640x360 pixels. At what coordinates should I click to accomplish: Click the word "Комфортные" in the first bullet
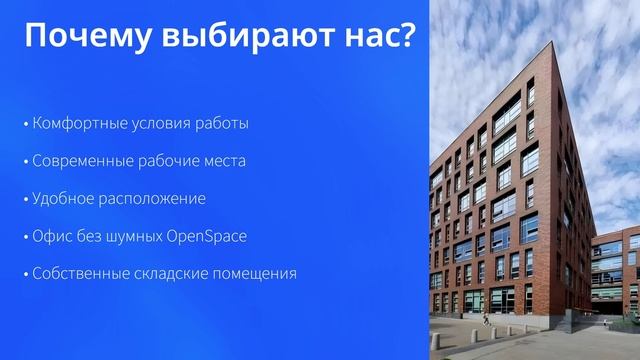(x=79, y=124)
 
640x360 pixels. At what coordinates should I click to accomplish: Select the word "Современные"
(x=81, y=161)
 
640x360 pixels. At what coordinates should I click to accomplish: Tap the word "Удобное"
(x=63, y=198)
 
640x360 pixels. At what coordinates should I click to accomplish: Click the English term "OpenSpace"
(x=210, y=236)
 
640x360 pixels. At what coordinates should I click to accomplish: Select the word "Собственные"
(x=80, y=273)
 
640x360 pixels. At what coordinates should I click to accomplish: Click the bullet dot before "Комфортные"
(x=26, y=125)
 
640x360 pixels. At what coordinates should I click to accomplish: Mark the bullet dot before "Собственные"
(x=26, y=274)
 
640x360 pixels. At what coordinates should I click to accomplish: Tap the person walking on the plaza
(x=487, y=319)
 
